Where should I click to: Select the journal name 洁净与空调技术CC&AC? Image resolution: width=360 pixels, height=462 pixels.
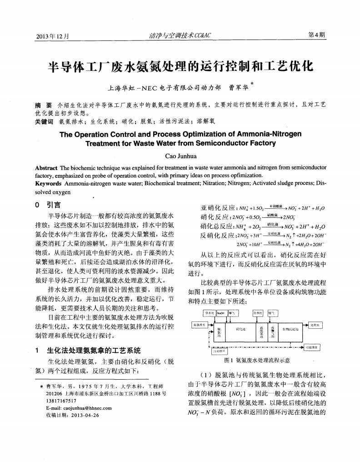(180, 35)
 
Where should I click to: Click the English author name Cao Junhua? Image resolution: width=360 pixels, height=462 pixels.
(180, 156)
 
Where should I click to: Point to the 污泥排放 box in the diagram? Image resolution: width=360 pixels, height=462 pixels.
(314, 347)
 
